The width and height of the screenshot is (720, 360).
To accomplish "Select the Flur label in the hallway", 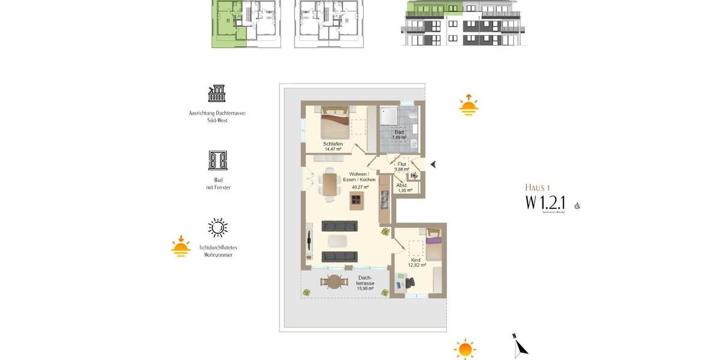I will tap(402, 164).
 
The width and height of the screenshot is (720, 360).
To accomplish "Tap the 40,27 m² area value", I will tap(359, 187).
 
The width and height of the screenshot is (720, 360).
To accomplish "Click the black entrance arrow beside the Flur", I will tap(433, 164).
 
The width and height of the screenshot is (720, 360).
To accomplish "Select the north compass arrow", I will tap(520, 346).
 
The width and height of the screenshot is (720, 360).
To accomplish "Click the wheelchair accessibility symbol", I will tap(577, 206).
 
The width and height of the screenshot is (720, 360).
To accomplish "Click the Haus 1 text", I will tap(537, 187).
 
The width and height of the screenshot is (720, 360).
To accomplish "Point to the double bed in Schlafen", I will tap(334, 122).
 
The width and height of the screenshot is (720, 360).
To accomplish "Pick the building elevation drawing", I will tap(463, 23).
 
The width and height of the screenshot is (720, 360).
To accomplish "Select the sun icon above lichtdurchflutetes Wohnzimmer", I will tap(218, 228).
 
